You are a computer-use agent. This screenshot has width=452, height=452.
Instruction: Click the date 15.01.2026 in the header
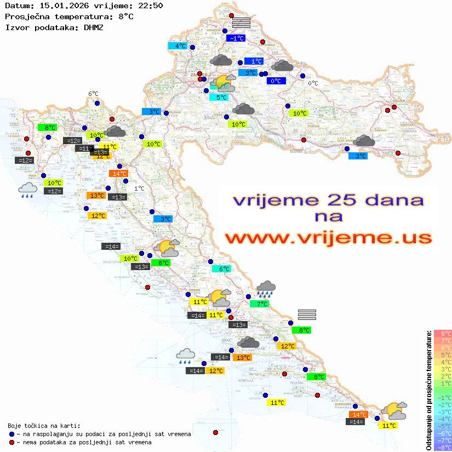pyautogui.click(x=61, y=6)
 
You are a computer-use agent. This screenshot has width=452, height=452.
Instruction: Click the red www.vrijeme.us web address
pyautogui.click(x=328, y=237)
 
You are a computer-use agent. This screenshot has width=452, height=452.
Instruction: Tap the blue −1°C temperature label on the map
pyautogui.click(x=236, y=38)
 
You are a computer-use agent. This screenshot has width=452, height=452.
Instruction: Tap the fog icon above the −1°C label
pyautogui.click(x=241, y=22)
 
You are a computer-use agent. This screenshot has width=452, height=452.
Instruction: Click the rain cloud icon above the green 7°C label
pyautogui.click(x=266, y=288)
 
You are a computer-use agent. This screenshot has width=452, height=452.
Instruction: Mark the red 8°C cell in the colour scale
pyautogui.click(x=443, y=333)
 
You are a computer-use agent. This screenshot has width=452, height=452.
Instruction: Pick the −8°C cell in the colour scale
pyautogui.click(x=443, y=447)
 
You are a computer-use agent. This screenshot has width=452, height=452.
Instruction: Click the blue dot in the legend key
pyautogui.click(x=12, y=434)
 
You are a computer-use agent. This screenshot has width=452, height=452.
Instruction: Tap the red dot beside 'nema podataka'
pyautogui.click(x=12, y=442)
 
